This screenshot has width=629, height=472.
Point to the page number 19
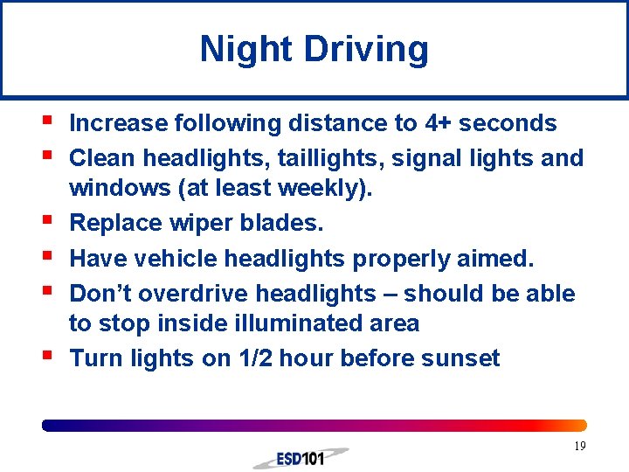point(579,447)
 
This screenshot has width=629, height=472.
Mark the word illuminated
point(267,323)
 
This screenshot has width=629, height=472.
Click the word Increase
point(121,123)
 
